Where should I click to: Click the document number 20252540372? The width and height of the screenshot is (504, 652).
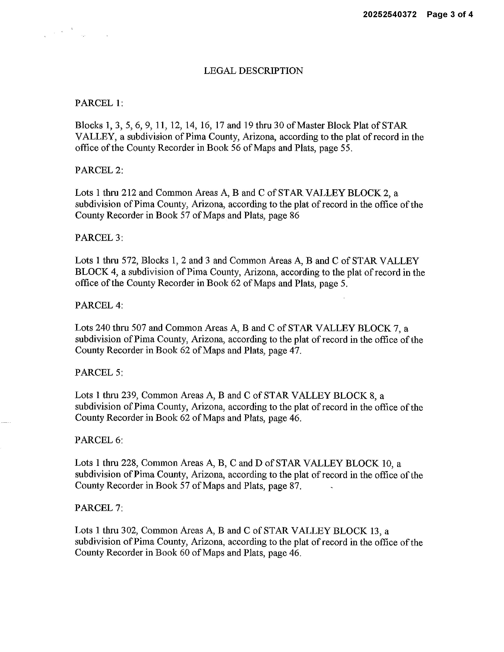389,15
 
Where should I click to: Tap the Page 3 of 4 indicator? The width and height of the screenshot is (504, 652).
450,15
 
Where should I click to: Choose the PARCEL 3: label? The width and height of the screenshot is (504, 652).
99,238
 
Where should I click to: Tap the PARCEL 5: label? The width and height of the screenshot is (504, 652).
99,373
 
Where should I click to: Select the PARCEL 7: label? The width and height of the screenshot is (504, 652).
99,508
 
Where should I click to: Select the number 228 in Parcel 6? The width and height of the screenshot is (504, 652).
129,463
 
